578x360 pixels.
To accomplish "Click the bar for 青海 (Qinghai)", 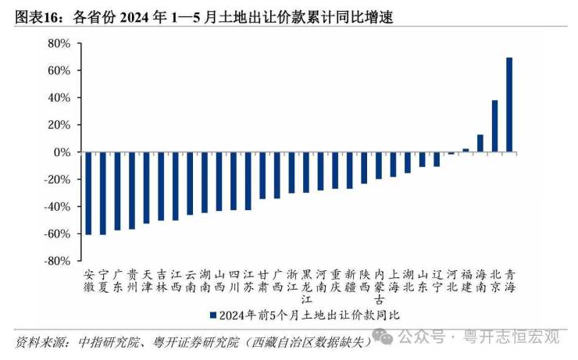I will pos(509,105).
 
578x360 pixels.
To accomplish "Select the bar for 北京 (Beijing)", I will pos(494,126).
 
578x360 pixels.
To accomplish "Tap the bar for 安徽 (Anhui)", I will pos(88,193).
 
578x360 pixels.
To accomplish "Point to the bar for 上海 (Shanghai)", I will pos(393,165).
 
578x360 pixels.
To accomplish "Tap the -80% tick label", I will pos(59,262).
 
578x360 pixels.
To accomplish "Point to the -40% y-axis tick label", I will pos(59,207).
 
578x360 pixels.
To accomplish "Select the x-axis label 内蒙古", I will pos(379,286).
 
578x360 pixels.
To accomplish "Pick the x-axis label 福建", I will pos(466,280).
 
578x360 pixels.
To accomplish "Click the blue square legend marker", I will pos(212,315).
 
